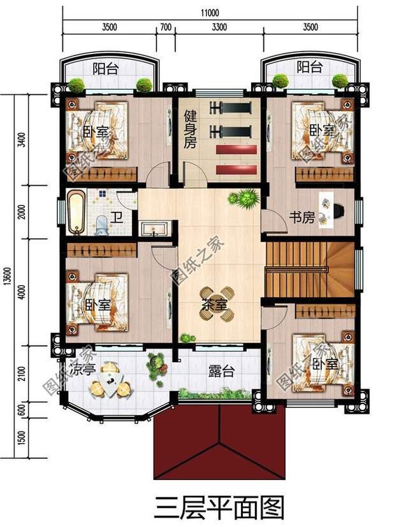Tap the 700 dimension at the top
pyautogui.click(x=166, y=27)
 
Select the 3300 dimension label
pyautogui.click(x=218, y=27)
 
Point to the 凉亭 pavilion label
pyautogui.click(x=83, y=369)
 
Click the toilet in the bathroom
pyautogui.click(x=101, y=225)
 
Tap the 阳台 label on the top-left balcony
pyautogui.click(x=105, y=69)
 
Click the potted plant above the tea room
pyautogui.click(x=244, y=198)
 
